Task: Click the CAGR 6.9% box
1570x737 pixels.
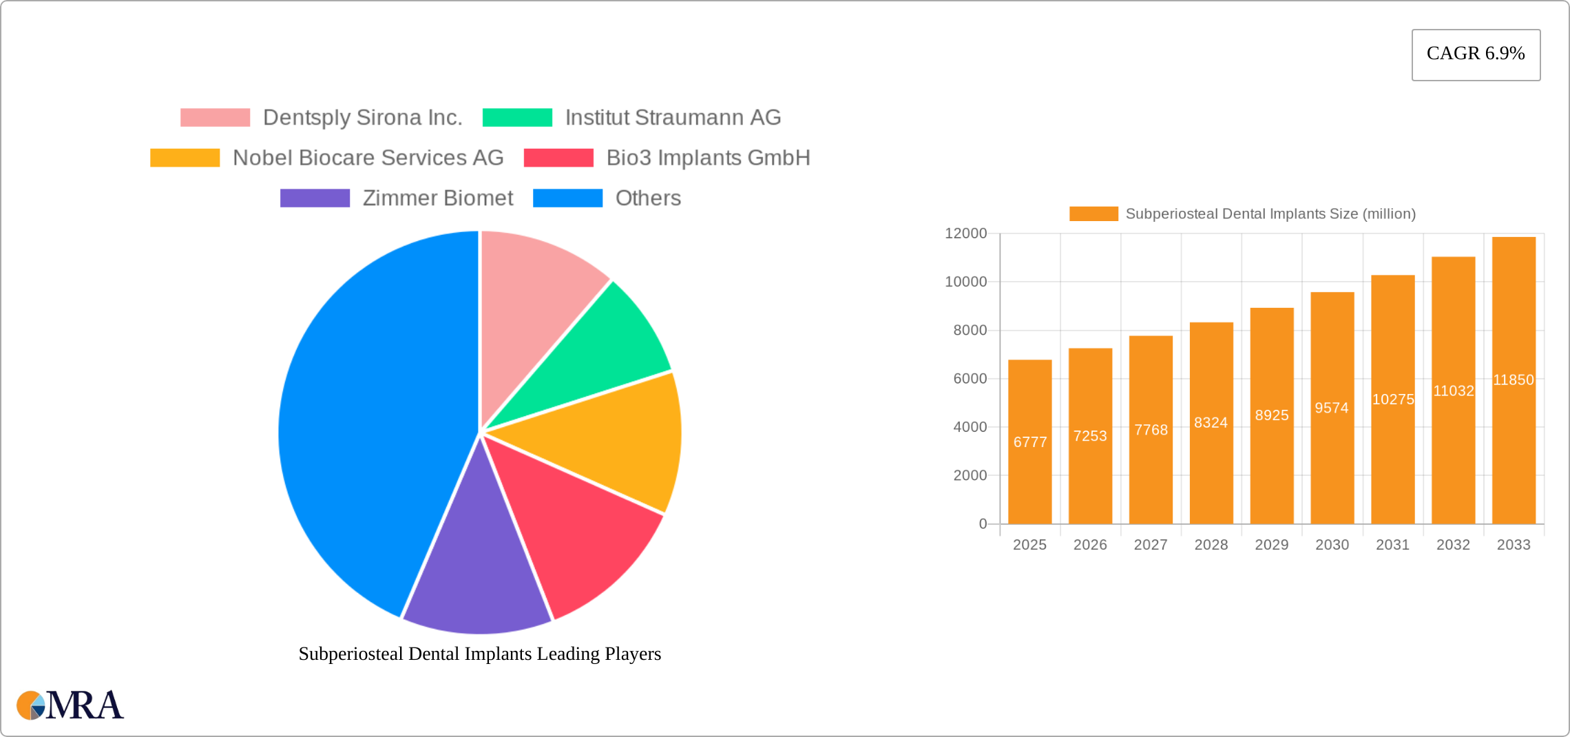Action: click(x=1476, y=54)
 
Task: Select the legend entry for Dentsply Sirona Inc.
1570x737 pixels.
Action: click(x=362, y=118)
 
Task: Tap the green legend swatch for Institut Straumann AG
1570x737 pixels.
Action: click(x=517, y=118)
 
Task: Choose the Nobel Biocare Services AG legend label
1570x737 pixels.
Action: click(x=368, y=158)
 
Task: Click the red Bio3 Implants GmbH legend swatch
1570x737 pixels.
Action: click(x=558, y=158)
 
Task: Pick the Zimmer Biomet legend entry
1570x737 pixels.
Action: click(x=437, y=198)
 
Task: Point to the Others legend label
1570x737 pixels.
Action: click(x=648, y=198)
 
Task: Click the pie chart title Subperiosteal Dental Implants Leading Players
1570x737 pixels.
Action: click(x=480, y=654)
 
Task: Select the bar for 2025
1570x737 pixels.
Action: click(x=1029, y=482)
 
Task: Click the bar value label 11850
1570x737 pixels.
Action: click(x=1514, y=380)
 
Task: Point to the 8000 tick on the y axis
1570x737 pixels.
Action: click(x=970, y=331)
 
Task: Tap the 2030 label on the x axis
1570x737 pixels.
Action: click(x=1332, y=545)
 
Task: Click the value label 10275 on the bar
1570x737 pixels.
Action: click(x=1393, y=399)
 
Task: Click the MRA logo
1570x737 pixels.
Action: click(x=70, y=705)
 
